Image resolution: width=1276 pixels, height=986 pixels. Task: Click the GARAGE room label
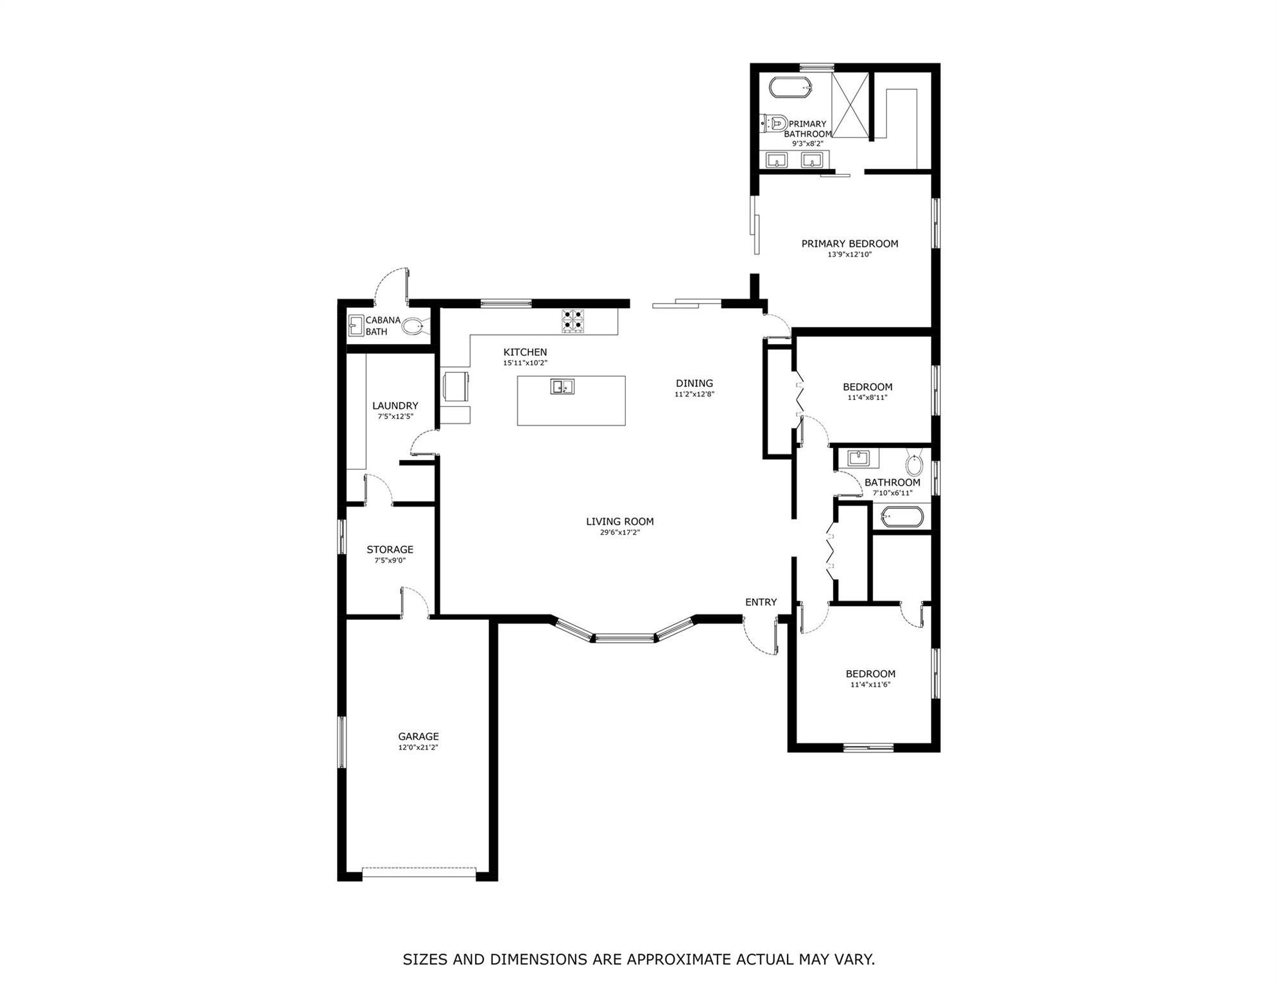point(418,736)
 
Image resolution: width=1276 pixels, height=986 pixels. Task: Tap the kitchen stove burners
point(573,321)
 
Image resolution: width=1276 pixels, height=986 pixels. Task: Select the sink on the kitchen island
point(562,386)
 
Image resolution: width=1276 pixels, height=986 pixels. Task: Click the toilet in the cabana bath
point(413,326)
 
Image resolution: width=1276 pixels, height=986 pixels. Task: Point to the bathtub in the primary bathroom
point(791,87)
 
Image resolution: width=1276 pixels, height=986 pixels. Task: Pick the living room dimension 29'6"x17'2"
point(620,532)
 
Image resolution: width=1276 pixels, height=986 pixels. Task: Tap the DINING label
point(694,383)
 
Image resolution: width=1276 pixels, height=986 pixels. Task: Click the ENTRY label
point(761,602)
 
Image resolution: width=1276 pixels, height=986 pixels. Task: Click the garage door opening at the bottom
point(419,873)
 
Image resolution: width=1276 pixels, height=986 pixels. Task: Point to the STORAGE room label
point(390,549)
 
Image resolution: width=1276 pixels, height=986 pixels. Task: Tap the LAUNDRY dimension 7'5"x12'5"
point(395,417)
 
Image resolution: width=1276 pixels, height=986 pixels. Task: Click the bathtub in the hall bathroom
point(902,517)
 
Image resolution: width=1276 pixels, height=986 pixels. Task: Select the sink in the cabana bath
point(356,325)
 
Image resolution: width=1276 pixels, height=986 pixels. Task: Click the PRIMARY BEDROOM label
point(849,244)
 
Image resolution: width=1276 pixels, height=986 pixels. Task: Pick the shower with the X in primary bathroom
point(850,105)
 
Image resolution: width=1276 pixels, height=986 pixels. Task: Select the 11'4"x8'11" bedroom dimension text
point(867,397)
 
